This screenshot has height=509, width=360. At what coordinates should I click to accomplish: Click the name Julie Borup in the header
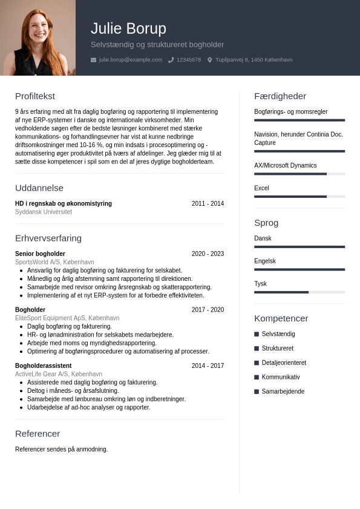coord(128,28)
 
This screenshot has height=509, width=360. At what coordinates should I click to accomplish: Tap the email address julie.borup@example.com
coord(130,60)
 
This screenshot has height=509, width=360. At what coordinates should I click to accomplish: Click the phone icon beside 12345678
coord(171,60)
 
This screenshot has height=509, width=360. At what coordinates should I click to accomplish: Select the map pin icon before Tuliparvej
coord(210,60)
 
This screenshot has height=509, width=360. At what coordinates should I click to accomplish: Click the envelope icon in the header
coord(93,60)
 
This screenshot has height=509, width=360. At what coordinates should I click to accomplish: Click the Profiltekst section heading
coord(35,96)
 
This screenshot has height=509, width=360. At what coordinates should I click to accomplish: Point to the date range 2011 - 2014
coord(208,204)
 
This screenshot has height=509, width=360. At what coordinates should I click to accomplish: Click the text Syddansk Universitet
coord(44,212)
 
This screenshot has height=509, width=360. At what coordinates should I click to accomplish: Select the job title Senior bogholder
coord(40,254)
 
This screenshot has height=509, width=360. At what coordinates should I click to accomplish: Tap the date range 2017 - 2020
coord(208,310)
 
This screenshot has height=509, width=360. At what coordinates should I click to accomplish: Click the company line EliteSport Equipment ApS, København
coord(67,318)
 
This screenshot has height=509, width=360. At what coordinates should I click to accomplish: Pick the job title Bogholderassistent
coord(43,366)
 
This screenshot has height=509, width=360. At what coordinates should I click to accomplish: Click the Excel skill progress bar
coord(299,197)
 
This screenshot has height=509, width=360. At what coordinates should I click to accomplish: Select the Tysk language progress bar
coord(299,292)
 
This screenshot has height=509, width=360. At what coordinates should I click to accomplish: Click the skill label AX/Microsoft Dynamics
coord(285,166)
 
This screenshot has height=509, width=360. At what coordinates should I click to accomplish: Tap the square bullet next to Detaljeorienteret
coord(257,363)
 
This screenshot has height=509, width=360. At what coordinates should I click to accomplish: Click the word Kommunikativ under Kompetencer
coord(280,377)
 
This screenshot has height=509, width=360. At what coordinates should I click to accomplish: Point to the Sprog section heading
coord(266,223)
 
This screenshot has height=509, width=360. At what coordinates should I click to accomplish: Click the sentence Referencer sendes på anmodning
coord(61,450)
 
